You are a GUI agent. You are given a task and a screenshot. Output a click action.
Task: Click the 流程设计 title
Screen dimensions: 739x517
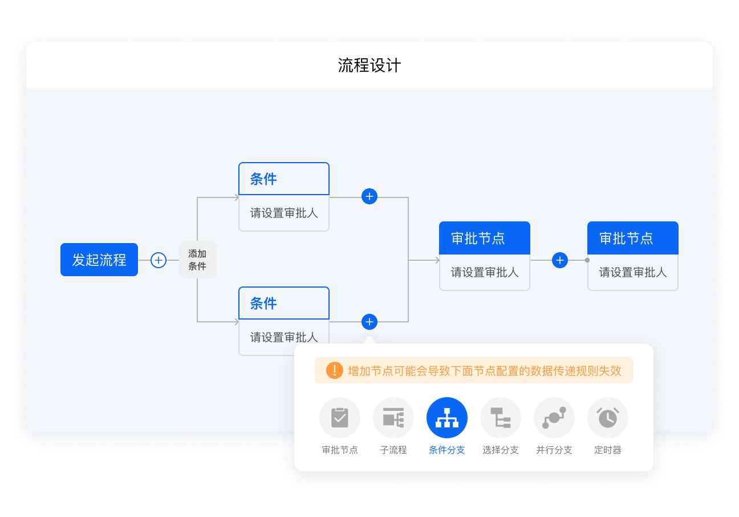[x=369, y=66]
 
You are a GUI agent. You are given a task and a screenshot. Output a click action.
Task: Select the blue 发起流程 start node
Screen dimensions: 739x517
[x=99, y=260]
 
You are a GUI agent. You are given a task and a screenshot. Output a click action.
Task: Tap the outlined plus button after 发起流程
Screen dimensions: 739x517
[x=159, y=260]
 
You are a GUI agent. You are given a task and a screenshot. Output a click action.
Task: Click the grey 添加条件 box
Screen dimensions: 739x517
[x=198, y=260]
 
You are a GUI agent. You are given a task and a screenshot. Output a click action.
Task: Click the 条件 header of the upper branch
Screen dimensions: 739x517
[x=284, y=179]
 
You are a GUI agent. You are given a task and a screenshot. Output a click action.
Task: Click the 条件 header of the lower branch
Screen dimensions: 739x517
[x=284, y=303]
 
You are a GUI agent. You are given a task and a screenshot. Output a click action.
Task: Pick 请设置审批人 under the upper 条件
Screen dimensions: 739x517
[x=284, y=213]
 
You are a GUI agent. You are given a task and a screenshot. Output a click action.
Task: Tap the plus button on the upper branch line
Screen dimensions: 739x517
[x=369, y=196]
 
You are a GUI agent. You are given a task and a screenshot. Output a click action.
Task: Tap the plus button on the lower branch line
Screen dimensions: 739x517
[x=369, y=322]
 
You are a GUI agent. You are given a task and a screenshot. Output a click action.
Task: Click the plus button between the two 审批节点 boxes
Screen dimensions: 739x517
[x=560, y=260]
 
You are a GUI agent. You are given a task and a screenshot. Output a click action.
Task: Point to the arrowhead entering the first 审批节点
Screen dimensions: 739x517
[x=437, y=260]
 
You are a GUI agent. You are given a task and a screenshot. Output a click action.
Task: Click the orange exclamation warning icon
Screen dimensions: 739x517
[x=335, y=370]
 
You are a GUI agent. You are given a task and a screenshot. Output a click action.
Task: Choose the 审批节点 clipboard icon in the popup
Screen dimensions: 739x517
[x=340, y=418]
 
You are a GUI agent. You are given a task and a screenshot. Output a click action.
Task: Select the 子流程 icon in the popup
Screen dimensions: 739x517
[x=393, y=418]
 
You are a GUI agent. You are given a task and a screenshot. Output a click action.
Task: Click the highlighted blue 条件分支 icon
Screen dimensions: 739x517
[x=447, y=418]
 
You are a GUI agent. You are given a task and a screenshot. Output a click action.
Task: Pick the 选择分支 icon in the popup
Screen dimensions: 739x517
[x=501, y=418]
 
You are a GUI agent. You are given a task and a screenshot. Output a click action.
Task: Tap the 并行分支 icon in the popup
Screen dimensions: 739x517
[x=554, y=418]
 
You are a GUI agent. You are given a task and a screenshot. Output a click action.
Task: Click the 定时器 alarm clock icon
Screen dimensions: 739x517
[x=608, y=418]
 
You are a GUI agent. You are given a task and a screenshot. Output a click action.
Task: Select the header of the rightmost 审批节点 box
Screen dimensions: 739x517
[x=633, y=238]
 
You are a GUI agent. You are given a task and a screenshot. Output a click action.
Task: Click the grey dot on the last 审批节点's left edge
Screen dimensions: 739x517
[x=587, y=260]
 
